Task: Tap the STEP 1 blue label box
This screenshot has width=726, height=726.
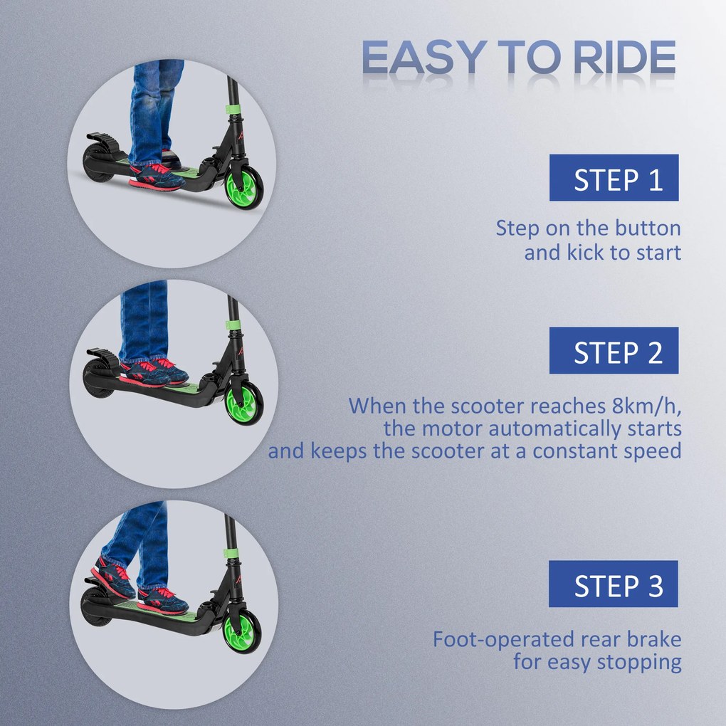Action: pos(614,178)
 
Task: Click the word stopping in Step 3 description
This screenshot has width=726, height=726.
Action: pos(638,662)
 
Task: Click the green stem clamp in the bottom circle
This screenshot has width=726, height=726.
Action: pos(231,552)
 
